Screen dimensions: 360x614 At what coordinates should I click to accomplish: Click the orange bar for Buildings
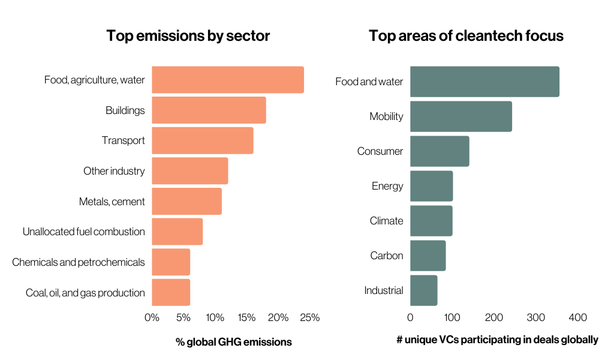[x=209, y=110]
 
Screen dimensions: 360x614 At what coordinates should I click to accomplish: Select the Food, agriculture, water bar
[x=228, y=80]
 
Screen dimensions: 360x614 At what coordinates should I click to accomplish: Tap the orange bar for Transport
[x=202, y=140]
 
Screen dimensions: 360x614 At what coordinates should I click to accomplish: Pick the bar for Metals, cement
[x=186, y=201]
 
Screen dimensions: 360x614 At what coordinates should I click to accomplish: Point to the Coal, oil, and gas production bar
[x=171, y=292]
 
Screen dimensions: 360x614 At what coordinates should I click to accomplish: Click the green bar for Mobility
[x=460, y=116]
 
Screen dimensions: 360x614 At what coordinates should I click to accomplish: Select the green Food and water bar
[x=484, y=82]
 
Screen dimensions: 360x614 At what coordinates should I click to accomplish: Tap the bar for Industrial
[x=423, y=290]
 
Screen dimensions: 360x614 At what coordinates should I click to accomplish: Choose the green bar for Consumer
[x=440, y=151]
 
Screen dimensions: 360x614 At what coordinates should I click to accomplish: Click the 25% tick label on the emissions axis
[x=309, y=317]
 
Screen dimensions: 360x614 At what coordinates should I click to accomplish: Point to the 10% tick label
[x=215, y=317]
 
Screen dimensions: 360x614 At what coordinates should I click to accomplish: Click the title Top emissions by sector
[x=188, y=35]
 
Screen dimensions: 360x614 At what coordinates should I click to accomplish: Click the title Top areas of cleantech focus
[x=466, y=35]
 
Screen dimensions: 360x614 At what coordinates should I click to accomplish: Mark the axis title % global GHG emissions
[x=233, y=342]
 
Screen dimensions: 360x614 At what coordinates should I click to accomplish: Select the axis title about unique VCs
[x=497, y=340]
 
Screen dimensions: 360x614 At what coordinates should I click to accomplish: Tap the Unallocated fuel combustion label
[x=84, y=232]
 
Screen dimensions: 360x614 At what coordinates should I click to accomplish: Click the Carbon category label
[x=387, y=256]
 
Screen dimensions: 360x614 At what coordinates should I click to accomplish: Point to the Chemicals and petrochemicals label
[x=79, y=262]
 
